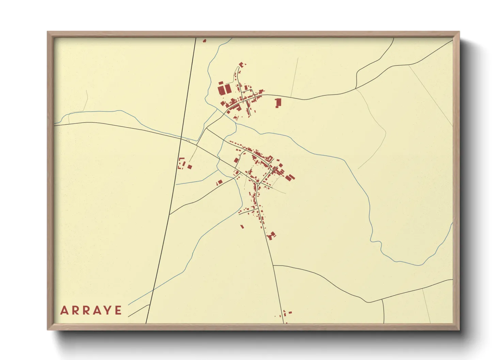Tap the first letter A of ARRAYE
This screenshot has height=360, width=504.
[64, 310]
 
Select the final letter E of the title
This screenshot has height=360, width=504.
[118, 310]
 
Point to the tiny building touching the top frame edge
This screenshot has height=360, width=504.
[204, 41]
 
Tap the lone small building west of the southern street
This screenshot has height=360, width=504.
[242, 226]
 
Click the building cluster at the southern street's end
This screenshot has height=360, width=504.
[271, 235]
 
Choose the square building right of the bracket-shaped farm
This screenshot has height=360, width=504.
[190, 167]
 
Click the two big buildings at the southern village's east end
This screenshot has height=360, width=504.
[290, 177]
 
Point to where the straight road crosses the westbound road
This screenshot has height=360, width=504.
[181, 138]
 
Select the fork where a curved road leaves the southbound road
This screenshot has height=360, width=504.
[273, 265]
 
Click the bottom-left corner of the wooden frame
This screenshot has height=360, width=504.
[48, 329]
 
